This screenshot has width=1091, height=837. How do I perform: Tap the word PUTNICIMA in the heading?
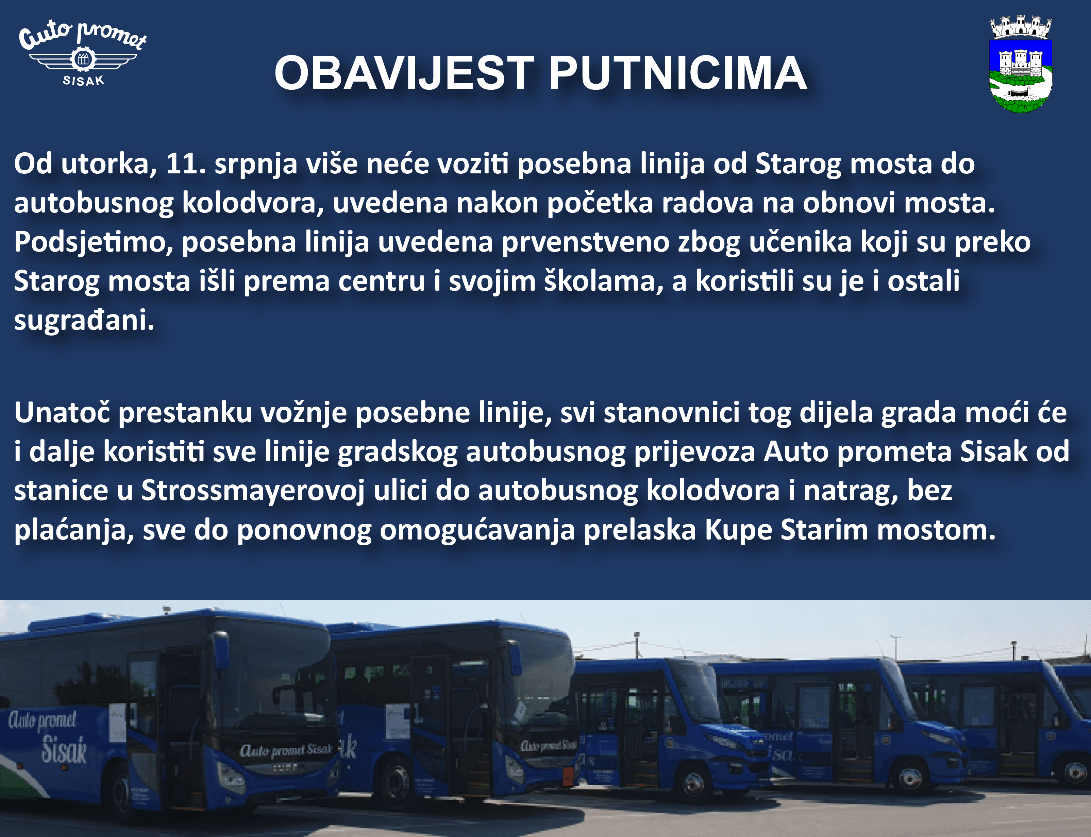[678, 73]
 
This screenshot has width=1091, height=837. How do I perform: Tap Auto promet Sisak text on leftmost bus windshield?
[286, 750]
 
